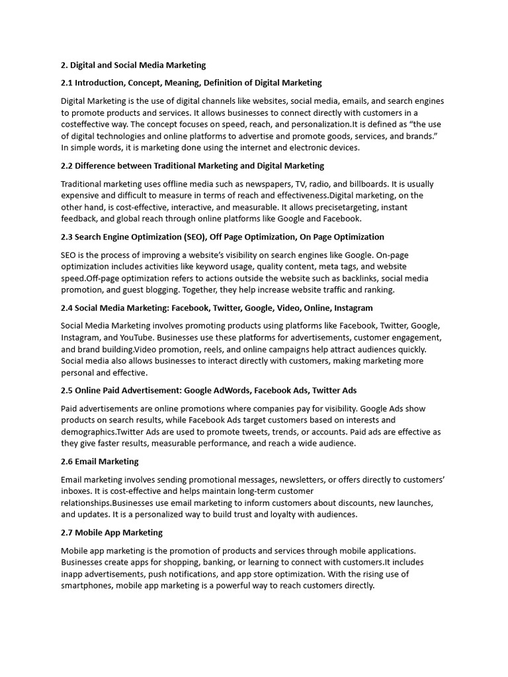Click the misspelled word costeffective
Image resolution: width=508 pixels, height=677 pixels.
(86, 124)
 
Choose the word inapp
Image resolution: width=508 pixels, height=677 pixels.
(73, 573)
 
